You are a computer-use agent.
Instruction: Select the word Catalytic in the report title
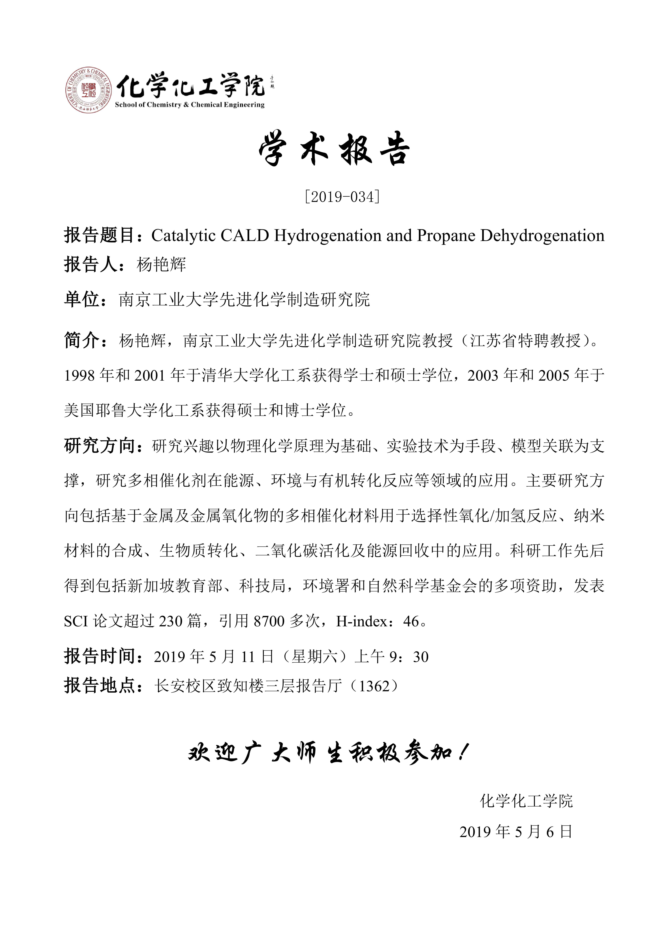tap(183, 235)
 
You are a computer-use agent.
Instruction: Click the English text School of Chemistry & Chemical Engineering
tap(190, 105)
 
